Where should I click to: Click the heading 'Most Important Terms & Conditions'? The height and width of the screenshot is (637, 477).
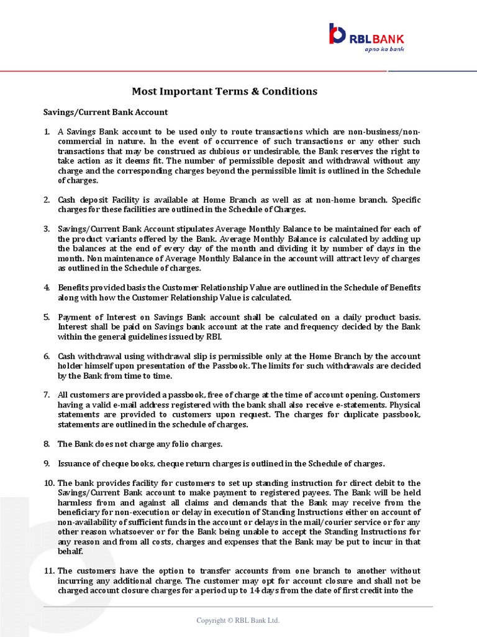(224, 91)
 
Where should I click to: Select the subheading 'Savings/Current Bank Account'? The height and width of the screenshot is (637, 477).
(105, 113)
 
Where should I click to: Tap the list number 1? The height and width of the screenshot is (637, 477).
(47, 133)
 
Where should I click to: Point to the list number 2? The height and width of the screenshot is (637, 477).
(47, 200)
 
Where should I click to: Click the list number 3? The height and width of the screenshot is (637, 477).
(47, 229)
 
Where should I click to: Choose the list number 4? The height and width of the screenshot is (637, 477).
(47, 287)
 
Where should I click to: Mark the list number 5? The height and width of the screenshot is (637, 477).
(47, 317)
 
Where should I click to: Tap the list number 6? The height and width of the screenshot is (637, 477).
(47, 356)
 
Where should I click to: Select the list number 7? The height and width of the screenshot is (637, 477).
(47, 395)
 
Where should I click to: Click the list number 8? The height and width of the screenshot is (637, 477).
(47, 444)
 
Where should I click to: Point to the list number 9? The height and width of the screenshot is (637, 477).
(47, 463)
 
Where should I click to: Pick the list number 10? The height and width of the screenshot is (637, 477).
(49, 483)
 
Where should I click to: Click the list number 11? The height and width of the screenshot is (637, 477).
(49, 571)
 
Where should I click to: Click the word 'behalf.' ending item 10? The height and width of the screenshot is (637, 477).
(70, 552)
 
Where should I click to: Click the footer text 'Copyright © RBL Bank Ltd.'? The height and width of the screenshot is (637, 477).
(238, 620)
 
